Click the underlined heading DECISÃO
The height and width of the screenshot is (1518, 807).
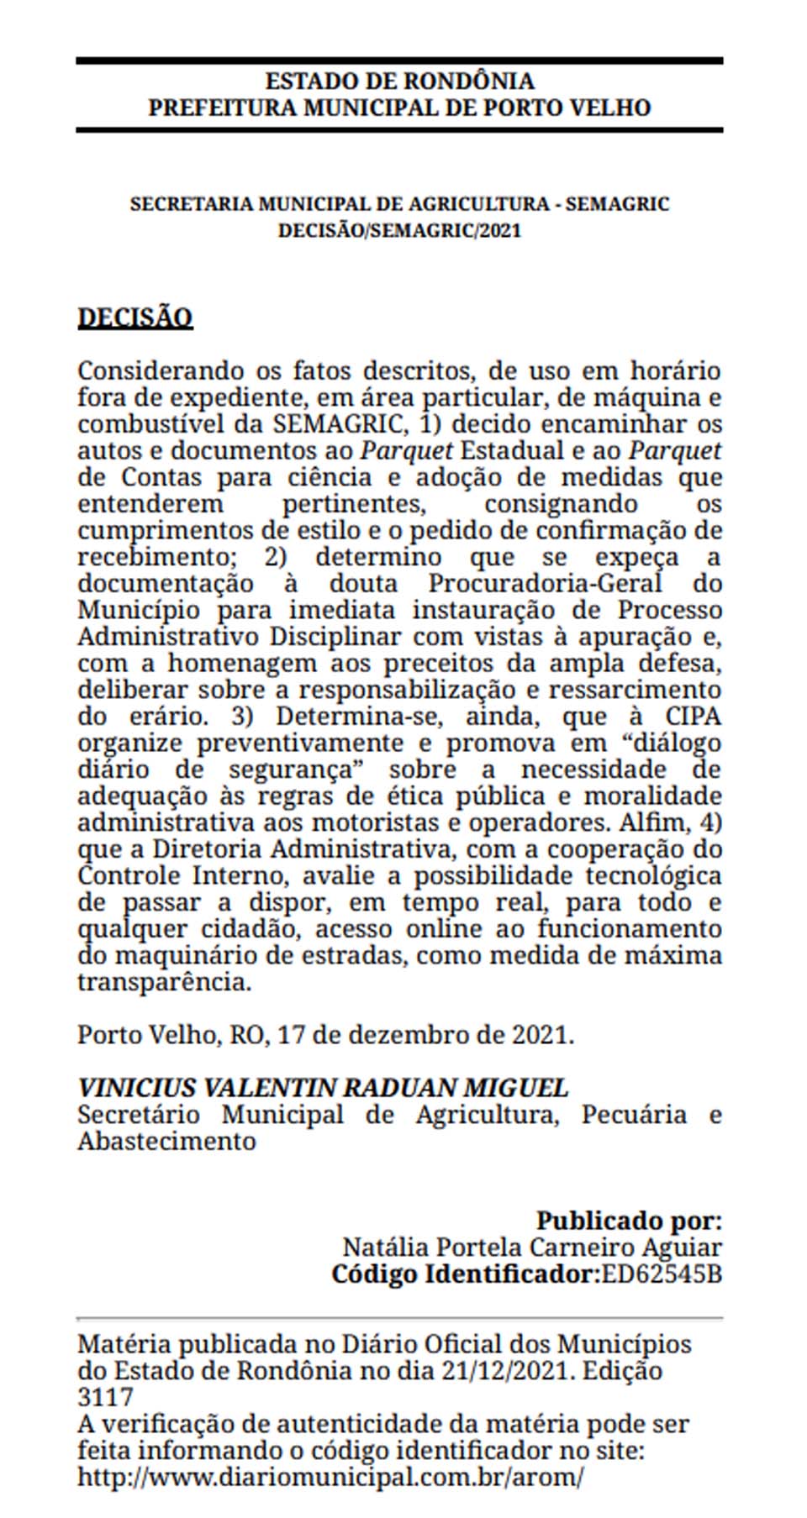(135, 318)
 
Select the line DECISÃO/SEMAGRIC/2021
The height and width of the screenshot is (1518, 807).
(399, 230)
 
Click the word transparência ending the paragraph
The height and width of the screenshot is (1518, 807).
(164, 982)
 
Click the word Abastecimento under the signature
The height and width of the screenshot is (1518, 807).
(166, 1142)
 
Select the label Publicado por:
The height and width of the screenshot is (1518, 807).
(629, 1221)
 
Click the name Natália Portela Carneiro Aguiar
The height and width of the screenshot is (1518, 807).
(532, 1247)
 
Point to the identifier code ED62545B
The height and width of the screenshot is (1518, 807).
(662, 1274)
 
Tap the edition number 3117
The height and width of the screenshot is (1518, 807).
(105, 1398)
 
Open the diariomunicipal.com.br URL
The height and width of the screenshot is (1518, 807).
(330, 1478)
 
